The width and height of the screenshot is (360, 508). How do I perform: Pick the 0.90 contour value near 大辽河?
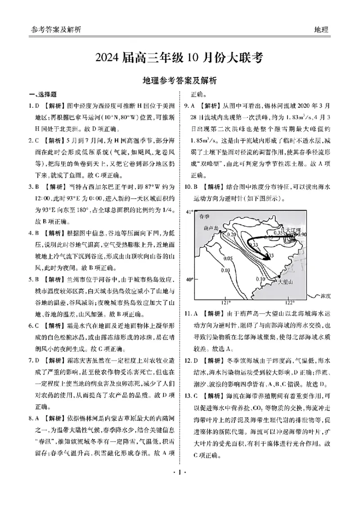click(x=302, y=235)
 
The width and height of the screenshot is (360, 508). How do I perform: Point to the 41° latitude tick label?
click(x=189, y=211)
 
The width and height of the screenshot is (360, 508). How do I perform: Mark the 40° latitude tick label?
click(x=189, y=279)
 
